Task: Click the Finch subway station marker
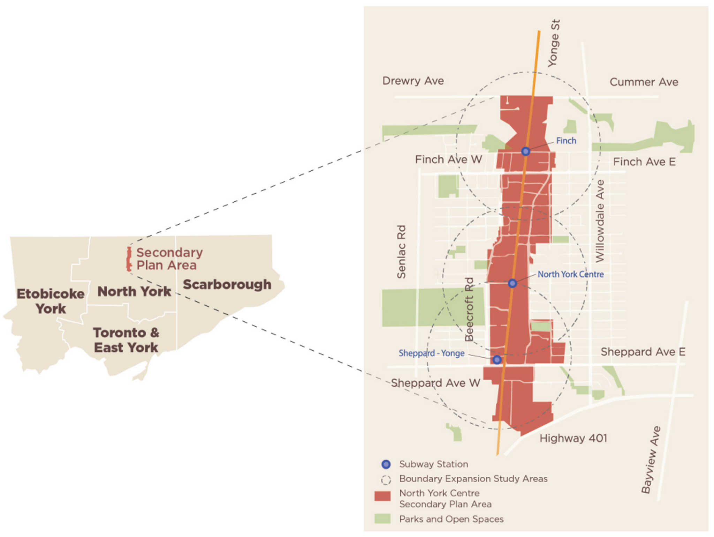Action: point(525,151)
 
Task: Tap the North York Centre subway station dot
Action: point(512,283)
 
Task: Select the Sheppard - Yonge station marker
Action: point(497,359)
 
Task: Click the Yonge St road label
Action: point(554,43)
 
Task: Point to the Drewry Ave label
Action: point(413,81)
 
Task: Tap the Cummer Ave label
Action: point(644,82)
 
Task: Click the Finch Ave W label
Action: point(448,159)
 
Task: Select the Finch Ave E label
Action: point(644,162)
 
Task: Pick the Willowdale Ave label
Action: point(600,221)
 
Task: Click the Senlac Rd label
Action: point(401,252)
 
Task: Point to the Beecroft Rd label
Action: point(469,309)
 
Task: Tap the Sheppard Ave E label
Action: point(643,352)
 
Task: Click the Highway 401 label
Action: point(573,438)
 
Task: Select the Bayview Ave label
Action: point(651,460)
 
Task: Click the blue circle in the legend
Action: point(386,464)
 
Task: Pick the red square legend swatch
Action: point(382,496)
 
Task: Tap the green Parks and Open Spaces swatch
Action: point(382,519)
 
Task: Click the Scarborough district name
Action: point(227,284)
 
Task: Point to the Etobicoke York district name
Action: point(51,301)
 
